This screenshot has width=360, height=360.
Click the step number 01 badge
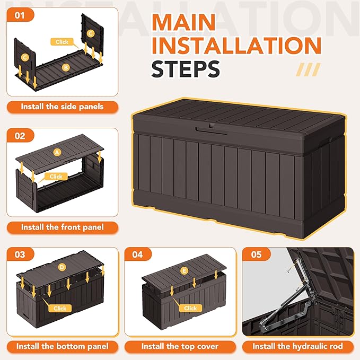[20, 15]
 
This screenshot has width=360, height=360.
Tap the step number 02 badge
[20, 136]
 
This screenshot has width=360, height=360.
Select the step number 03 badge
[20, 254]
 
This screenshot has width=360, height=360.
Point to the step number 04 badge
[138, 254]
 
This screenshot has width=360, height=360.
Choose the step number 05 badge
[257, 254]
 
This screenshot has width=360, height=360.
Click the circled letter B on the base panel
[66, 67]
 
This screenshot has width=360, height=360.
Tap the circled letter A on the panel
[57, 152]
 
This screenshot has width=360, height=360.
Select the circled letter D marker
[62, 267]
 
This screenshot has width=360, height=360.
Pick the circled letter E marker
[184, 271]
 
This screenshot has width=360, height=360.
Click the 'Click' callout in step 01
[62, 42]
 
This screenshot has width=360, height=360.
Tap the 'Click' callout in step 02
[56, 177]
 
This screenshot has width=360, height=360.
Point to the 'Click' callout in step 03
[60, 308]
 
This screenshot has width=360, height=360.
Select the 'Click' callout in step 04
[190, 308]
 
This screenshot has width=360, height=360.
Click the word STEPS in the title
[186, 69]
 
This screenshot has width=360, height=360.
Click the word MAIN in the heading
[183, 22]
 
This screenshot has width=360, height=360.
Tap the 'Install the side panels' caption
[62, 107]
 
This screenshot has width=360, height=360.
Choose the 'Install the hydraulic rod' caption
[298, 346]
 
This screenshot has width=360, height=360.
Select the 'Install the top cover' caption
[180, 346]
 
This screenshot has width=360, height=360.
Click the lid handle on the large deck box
[211, 130]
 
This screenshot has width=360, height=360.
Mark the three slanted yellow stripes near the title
[308, 69]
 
